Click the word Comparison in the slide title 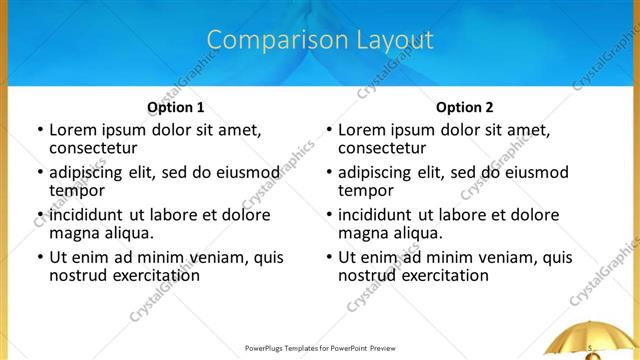click(x=267, y=40)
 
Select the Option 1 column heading click(x=175, y=108)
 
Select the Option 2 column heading click(x=464, y=108)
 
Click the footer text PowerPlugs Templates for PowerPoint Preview click(x=320, y=349)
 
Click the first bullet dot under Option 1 click(x=39, y=130)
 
